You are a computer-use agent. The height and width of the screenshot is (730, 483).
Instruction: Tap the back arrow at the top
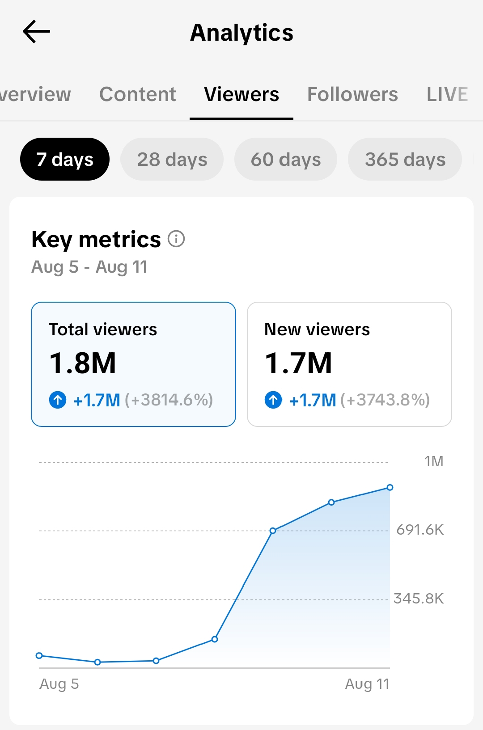(36, 32)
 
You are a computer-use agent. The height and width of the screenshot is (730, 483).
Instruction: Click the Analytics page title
(241, 33)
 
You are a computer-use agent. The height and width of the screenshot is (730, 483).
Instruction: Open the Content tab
(138, 94)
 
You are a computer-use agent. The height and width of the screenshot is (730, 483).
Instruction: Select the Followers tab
(352, 94)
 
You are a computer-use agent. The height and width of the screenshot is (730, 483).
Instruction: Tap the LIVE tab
(447, 94)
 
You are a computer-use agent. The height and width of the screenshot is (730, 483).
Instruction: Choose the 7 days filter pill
(65, 159)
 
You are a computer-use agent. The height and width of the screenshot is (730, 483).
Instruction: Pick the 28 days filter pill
(172, 159)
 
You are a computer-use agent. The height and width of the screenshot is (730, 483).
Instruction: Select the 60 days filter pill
(286, 159)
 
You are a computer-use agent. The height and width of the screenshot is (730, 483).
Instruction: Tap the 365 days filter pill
(405, 159)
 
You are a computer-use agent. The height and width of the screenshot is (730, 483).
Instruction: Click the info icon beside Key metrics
(176, 239)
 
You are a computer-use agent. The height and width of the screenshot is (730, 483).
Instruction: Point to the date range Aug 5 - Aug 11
(89, 267)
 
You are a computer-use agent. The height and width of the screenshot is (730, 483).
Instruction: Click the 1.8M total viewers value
(82, 363)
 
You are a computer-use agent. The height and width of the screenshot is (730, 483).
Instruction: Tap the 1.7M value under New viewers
(298, 363)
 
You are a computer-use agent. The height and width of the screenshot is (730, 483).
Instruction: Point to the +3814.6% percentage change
(169, 400)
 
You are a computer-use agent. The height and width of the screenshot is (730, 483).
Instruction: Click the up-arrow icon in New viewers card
(273, 400)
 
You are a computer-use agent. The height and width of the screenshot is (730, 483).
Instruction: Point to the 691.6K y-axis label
(420, 530)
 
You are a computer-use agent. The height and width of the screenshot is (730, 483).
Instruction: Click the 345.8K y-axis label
(419, 599)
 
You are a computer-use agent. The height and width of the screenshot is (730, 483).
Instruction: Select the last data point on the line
(390, 488)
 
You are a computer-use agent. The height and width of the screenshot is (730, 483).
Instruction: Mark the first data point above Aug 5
(39, 655)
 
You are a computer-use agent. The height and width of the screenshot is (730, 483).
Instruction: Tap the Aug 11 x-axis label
(368, 684)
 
